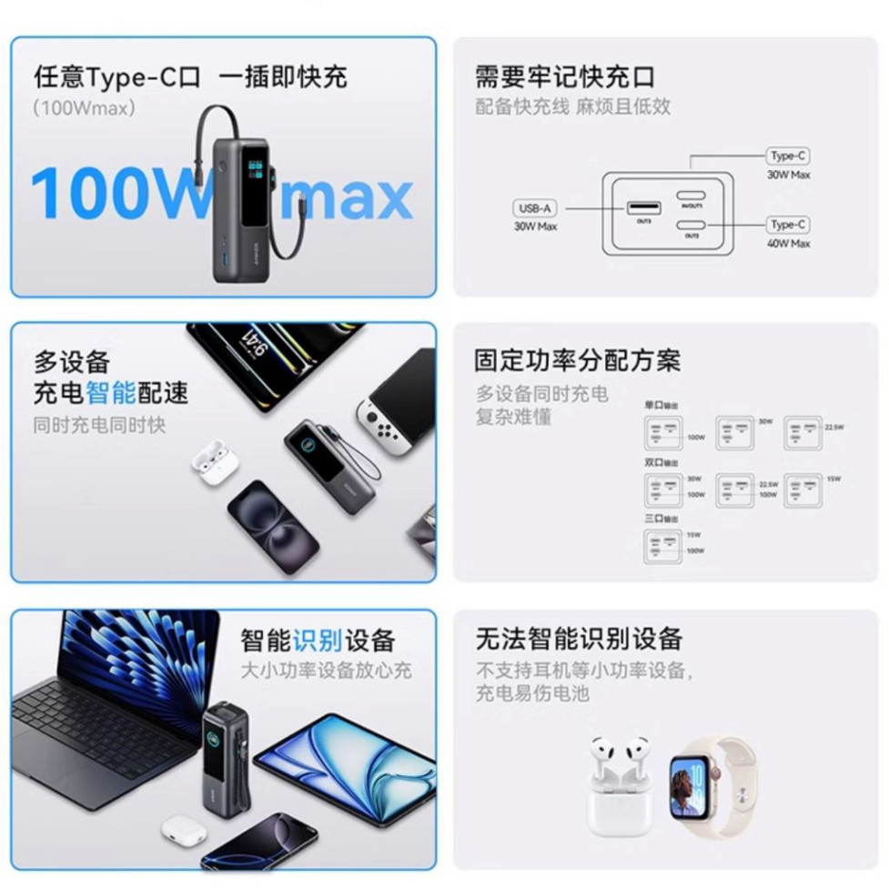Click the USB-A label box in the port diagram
(535, 208)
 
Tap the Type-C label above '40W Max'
(788, 225)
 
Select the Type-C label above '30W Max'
(788, 156)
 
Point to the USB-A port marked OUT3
(642, 209)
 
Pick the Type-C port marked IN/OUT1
(692, 195)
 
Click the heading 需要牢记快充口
(564, 76)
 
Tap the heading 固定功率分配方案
(577, 359)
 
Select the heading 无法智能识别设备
(578, 638)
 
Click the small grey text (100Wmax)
(84, 107)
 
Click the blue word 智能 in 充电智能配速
(110, 393)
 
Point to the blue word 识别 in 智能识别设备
(317, 641)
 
